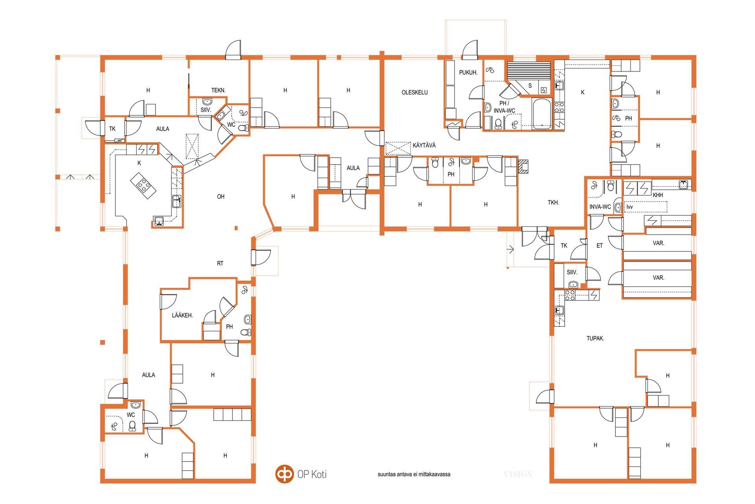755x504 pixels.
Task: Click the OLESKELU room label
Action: click(414, 93)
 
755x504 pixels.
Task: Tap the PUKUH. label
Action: click(468, 72)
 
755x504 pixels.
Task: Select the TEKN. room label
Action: click(218, 90)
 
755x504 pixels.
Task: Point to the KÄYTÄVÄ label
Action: click(424, 145)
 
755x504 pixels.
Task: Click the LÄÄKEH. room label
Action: click(182, 315)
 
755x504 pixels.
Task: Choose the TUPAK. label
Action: click(595, 338)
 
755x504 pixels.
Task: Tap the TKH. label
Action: click(553, 203)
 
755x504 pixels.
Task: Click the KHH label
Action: click(657, 195)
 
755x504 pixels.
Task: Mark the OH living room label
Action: click(221, 196)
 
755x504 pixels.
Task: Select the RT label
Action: click(220, 263)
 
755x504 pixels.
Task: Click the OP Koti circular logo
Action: click(284, 474)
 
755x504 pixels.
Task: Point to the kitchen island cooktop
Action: click(144, 185)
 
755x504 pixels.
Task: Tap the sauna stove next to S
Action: click(544, 90)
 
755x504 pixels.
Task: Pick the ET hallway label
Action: click(599, 246)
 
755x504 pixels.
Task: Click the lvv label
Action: click(630, 207)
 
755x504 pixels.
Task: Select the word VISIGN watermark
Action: click(518, 474)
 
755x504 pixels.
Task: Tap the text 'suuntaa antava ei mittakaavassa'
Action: click(414, 474)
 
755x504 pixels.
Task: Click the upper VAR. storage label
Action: click(658, 243)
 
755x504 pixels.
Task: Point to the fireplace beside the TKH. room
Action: click(523, 167)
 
